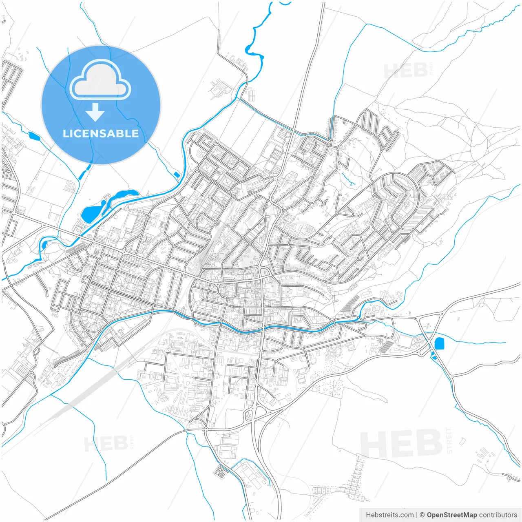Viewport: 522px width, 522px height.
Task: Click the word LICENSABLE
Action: click(x=101, y=133)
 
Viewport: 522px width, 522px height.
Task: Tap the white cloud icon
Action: click(x=100, y=81)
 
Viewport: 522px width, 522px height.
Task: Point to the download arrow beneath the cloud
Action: click(x=95, y=112)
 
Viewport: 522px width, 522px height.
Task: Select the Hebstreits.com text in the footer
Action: click(x=389, y=515)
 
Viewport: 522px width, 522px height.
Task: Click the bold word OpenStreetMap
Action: click(x=451, y=515)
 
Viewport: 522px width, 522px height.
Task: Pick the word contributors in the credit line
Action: click(x=498, y=515)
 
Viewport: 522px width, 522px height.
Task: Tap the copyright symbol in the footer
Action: click(x=422, y=515)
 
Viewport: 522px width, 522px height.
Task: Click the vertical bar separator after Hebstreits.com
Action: click(x=417, y=515)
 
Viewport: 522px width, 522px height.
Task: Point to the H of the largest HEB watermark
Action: click(x=373, y=444)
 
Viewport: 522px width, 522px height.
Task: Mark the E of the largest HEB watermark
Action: click(x=401, y=444)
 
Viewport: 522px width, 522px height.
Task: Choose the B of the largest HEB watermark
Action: click(x=428, y=444)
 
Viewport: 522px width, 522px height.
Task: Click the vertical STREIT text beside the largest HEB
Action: click(x=449, y=440)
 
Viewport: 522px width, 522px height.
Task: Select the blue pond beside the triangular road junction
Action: click(x=439, y=343)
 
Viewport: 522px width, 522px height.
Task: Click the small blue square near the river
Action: click(x=177, y=175)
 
